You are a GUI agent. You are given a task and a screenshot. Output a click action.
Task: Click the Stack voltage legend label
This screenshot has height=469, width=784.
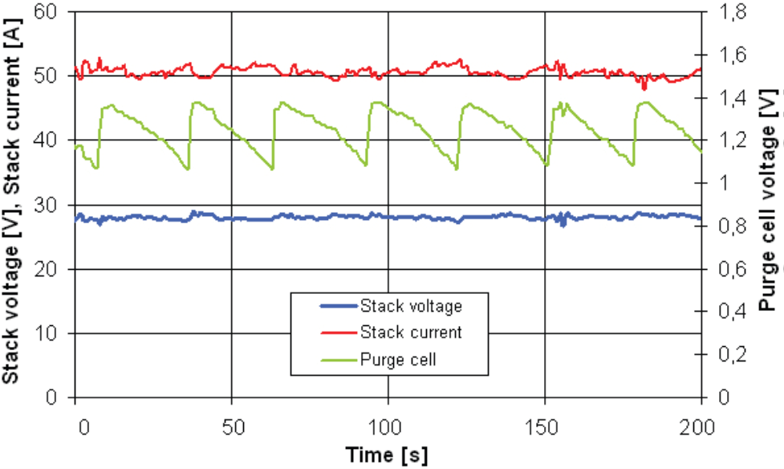(x=411, y=306)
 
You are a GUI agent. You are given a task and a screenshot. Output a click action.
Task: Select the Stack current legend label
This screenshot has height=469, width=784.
(x=411, y=332)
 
